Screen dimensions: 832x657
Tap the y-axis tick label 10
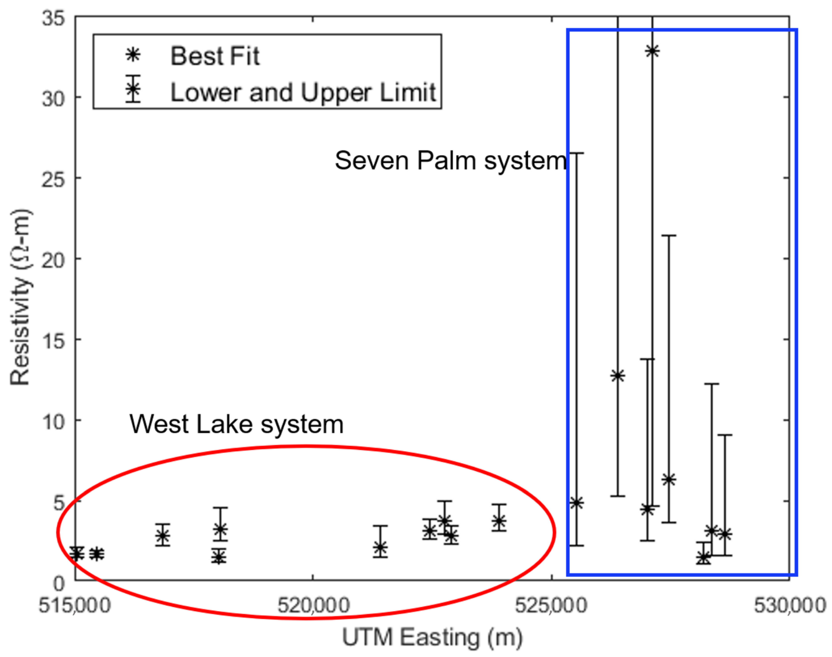pos(53,422)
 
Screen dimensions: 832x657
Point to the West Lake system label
pos(236,424)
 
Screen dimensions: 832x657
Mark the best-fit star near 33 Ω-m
pos(652,51)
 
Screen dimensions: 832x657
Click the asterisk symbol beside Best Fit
pos(133,55)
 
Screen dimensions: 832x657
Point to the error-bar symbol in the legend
pos(133,89)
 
